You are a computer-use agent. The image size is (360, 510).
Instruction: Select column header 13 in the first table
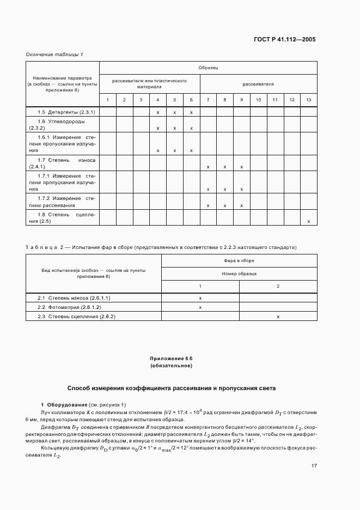(309, 100)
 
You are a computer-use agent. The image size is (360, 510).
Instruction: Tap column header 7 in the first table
(208, 100)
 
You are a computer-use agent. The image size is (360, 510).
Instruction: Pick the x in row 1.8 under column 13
(309, 221)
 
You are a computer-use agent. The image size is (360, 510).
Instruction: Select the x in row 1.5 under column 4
(158, 112)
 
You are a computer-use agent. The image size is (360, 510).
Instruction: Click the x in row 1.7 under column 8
(225, 167)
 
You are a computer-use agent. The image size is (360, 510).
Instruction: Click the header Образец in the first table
(208, 68)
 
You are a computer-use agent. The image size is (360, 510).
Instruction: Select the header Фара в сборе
(239, 261)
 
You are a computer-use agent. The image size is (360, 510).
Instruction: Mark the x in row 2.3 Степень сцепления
(278, 317)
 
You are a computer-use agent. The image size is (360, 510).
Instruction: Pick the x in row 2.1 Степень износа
(200, 298)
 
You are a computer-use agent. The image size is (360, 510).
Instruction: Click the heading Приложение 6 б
(172, 358)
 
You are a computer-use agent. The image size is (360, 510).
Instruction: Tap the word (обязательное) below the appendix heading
(172, 366)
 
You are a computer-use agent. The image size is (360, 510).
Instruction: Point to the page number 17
(314, 451)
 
